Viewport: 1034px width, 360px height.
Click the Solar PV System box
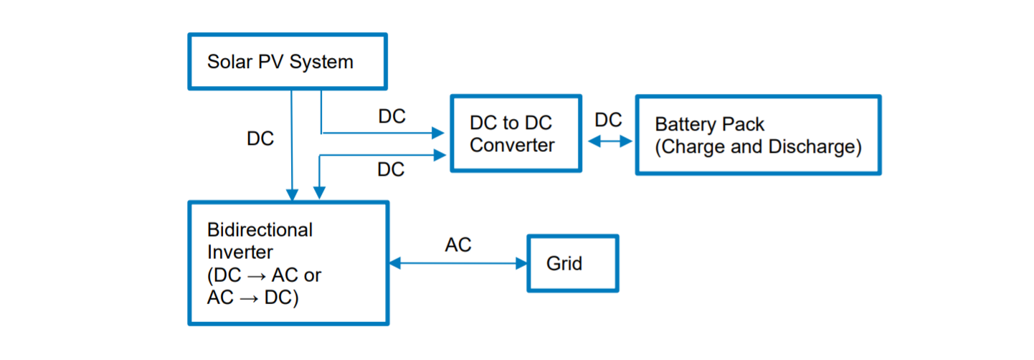(287, 62)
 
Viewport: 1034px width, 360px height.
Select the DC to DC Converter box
(515, 134)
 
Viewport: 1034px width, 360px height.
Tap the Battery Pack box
(758, 135)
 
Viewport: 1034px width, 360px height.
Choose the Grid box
(572, 263)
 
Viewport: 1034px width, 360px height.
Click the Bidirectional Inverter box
(288, 263)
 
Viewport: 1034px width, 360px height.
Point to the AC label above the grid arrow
(458, 245)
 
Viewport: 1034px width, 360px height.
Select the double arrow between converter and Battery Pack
(610, 142)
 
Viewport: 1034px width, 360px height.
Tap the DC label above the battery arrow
(609, 120)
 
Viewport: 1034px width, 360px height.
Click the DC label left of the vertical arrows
(260, 139)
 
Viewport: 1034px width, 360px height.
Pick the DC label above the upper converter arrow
(392, 117)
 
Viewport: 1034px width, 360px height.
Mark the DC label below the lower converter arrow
(391, 170)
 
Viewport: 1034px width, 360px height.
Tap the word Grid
(564, 264)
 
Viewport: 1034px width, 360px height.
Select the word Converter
(512, 146)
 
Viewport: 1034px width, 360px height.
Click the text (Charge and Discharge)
(758, 147)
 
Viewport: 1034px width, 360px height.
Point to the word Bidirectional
(260, 230)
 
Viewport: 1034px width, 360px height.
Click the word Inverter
(240, 252)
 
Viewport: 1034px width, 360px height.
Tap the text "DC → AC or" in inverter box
(264, 275)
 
